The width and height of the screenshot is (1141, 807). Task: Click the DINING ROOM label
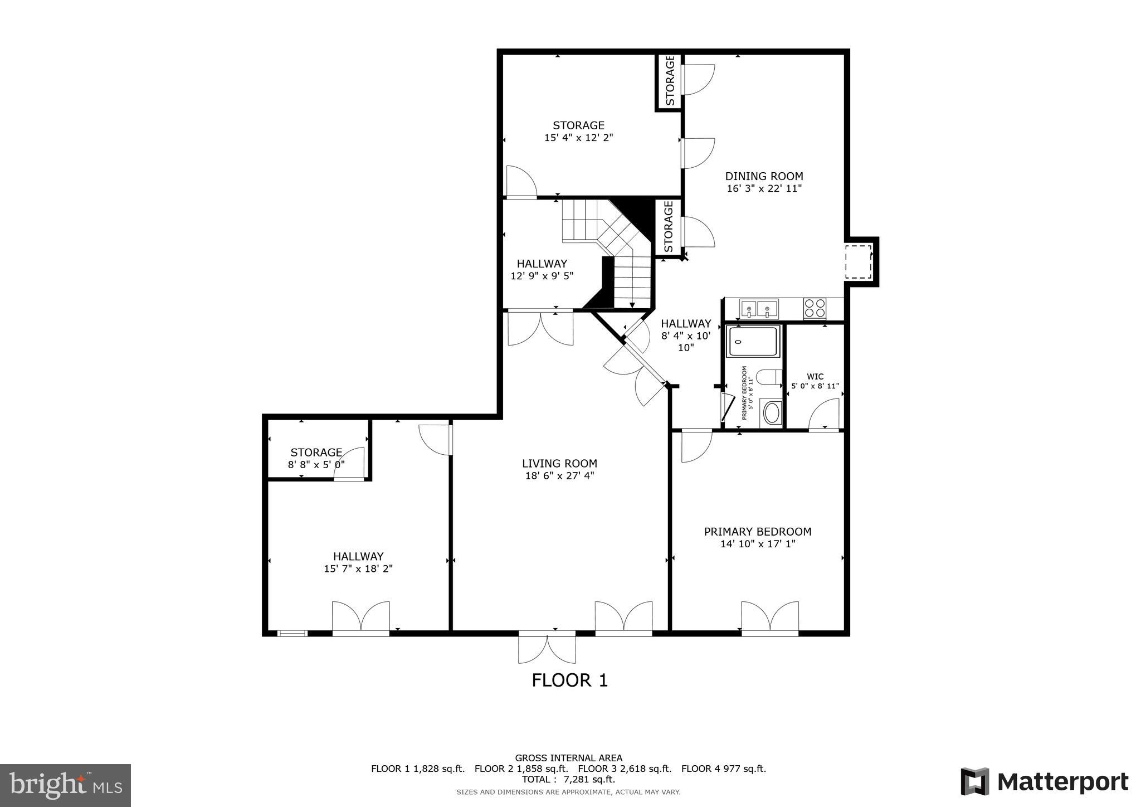click(764, 177)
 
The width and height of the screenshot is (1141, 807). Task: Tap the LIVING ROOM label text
click(559, 464)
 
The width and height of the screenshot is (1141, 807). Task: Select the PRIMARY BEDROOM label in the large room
click(757, 532)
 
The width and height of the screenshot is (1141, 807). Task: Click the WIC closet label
click(815, 377)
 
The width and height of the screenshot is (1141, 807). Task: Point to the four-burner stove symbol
click(815, 308)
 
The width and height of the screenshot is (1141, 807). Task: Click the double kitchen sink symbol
click(758, 308)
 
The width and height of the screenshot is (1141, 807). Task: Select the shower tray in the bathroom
click(753, 342)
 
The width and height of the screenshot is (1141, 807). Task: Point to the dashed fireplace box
click(858, 262)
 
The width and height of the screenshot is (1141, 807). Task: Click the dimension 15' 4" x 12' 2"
click(578, 138)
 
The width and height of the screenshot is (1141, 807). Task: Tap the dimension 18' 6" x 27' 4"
click(559, 476)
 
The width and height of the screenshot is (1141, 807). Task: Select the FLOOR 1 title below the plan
click(569, 680)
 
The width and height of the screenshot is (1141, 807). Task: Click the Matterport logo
click(1044, 782)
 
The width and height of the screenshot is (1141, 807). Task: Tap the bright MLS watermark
click(66, 785)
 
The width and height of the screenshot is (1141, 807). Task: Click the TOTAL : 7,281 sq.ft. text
click(568, 779)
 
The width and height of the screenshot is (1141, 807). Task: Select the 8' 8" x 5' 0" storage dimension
click(316, 464)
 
